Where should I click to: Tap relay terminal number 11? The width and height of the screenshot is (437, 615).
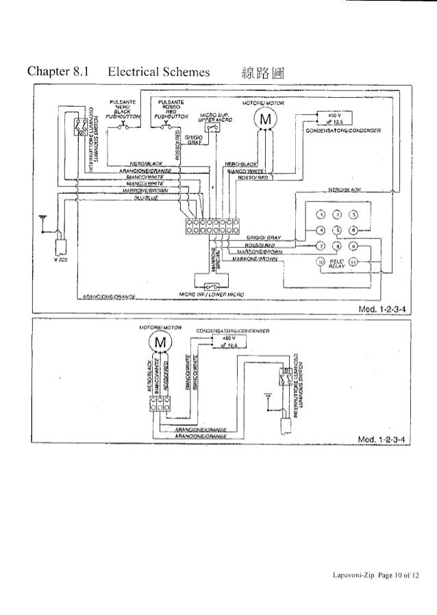point(353,262)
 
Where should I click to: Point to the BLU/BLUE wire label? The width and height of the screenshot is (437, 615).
point(143,197)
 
